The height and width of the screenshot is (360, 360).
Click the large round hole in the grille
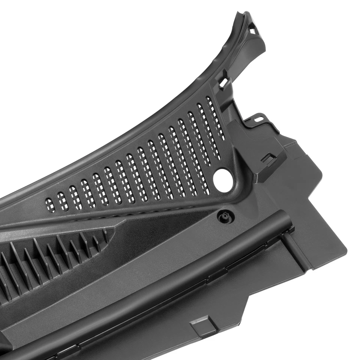coord(223,180)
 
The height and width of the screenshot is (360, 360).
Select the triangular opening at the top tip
coord(253,30)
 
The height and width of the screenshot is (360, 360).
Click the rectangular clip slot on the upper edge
coord(224,82)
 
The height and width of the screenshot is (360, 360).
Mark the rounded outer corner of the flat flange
coord(343,249)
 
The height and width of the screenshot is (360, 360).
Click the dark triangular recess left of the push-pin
coord(165,232)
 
